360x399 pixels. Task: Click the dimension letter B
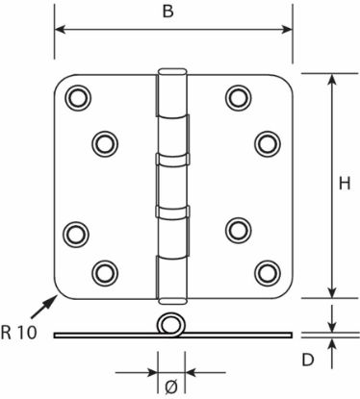167,12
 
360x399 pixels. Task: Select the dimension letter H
345,184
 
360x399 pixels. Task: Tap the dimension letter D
308,360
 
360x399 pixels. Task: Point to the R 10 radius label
18,333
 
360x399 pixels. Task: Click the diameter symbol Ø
171,387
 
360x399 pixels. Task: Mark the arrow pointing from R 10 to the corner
44,307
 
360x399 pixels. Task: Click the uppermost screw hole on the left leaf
78,97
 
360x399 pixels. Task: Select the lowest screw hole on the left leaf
105,273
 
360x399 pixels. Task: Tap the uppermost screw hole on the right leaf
238,97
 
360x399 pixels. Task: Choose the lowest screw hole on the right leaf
268,273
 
